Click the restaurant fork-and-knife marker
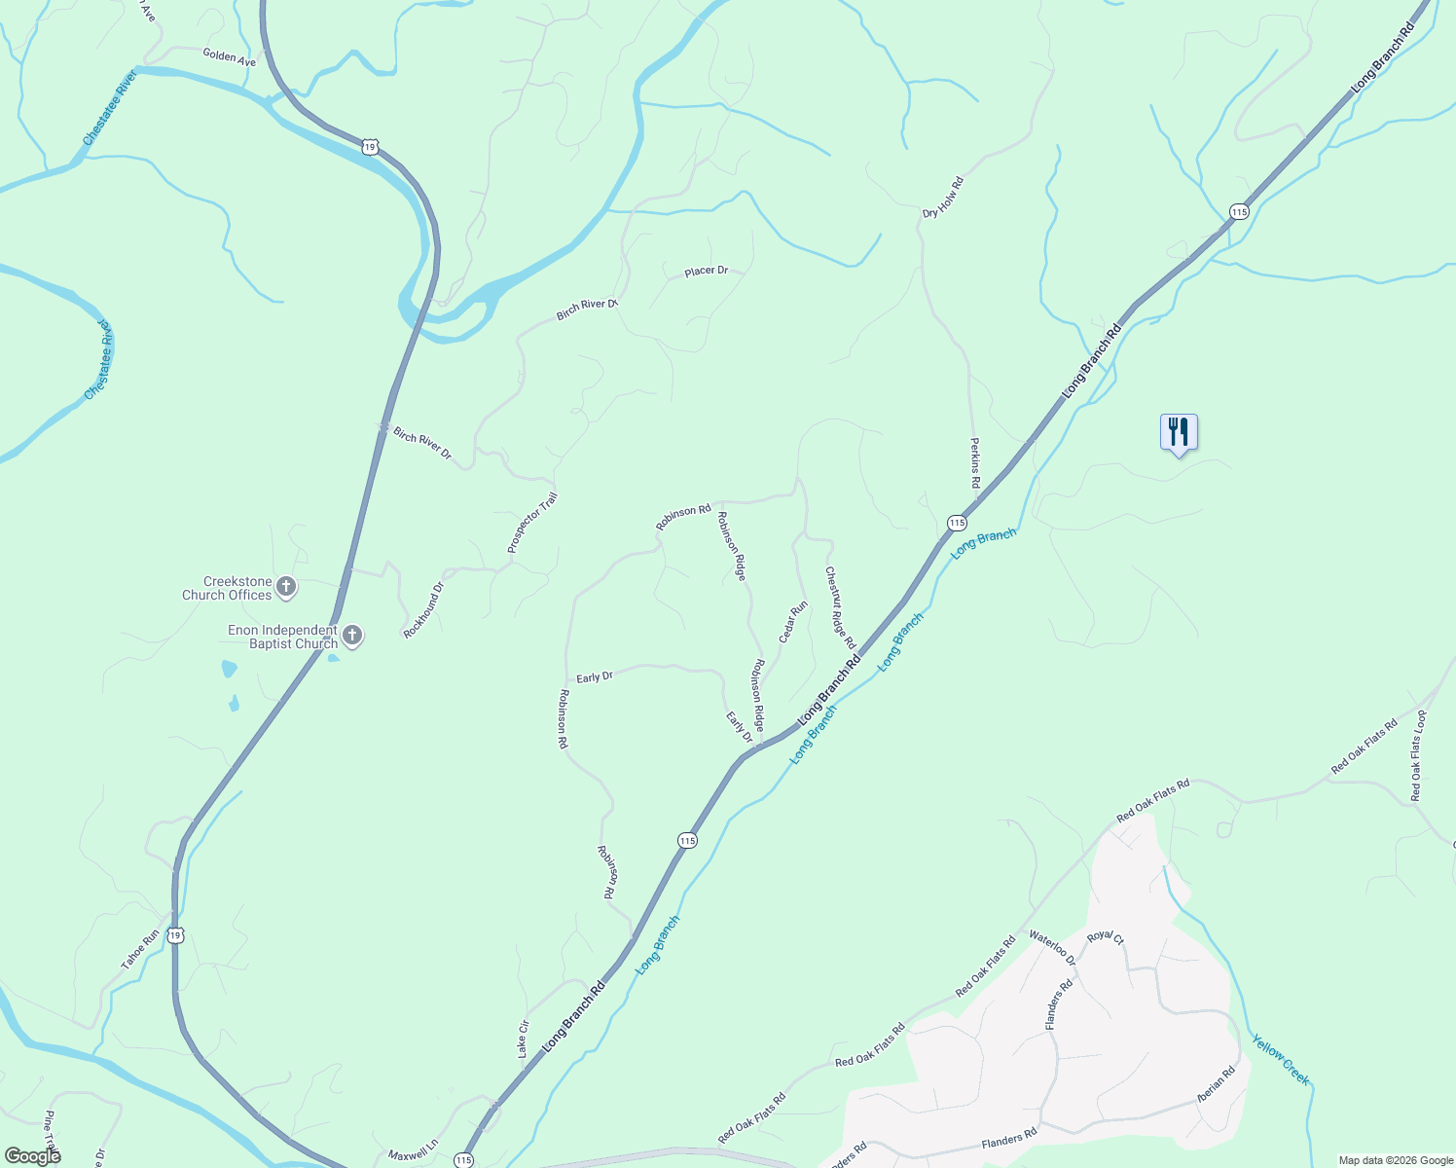click(x=1179, y=431)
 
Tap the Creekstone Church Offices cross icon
click(x=286, y=586)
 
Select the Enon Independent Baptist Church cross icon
click(x=352, y=637)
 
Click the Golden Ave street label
click(x=229, y=57)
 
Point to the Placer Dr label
click(x=706, y=272)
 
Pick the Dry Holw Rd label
click(x=943, y=198)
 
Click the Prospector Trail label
click(x=532, y=524)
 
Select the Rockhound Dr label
click(x=423, y=610)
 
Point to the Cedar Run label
click(x=793, y=622)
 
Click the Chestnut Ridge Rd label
click(x=840, y=608)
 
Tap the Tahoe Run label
click(x=140, y=950)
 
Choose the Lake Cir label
click(x=523, y=1039)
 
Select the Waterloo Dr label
click(x=1052, y=949)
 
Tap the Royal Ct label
click(x=1106, y=937)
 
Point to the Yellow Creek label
click(x=1281, y=1059)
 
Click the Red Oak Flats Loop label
click(x=1419, y=756)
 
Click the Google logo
click(x=32, y=1155)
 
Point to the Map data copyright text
click(x=1396, y=1160)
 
